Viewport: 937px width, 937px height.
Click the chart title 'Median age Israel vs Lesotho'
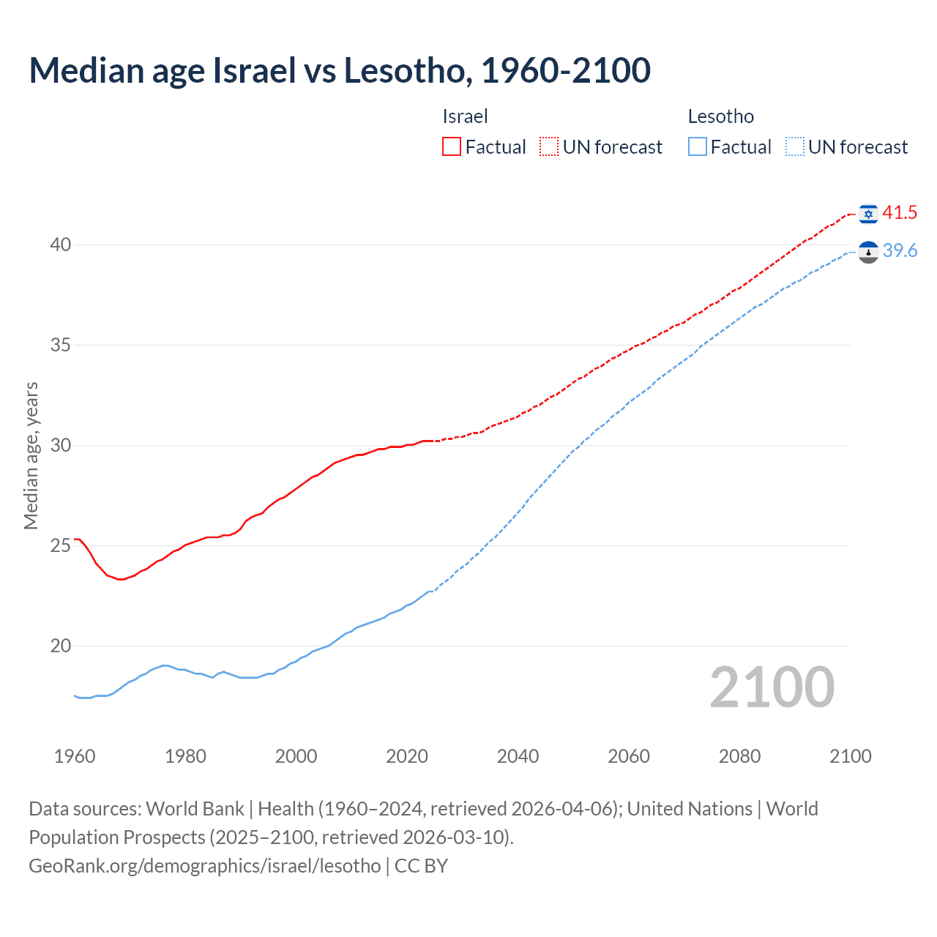(340, 70)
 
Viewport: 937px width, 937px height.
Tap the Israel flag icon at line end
(868, 213)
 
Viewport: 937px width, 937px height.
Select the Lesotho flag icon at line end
(868, 252)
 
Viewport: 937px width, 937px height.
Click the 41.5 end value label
(900, 213)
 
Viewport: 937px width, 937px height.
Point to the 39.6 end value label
(900, 251)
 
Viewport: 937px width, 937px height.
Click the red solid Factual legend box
(452, 147)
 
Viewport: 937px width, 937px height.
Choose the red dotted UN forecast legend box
(549, 147)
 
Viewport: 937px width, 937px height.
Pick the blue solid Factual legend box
(698, 147)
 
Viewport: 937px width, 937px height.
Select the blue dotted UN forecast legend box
(795, 147)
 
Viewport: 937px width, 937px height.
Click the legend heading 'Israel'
(465, 116)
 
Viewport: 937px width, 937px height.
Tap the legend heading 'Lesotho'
(720, 116)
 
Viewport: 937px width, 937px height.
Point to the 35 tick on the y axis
(61, 345)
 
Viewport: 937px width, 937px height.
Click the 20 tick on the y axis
(61, 646)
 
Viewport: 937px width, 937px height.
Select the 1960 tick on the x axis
(75, 756)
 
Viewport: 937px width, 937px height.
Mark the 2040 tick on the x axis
(518, 756)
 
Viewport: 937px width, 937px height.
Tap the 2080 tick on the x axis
(739, 756)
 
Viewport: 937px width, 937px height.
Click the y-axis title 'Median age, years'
(31, 455)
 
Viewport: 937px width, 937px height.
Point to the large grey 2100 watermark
(772, 687)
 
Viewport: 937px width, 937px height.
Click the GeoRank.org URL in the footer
(205, 866)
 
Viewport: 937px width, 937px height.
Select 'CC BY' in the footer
(421, 866)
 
